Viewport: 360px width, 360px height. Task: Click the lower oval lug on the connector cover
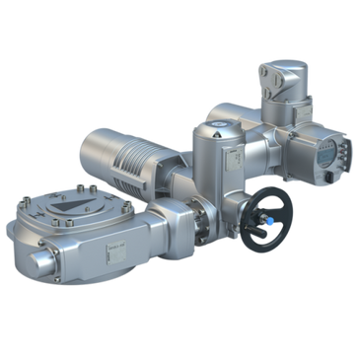pos(266,96)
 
